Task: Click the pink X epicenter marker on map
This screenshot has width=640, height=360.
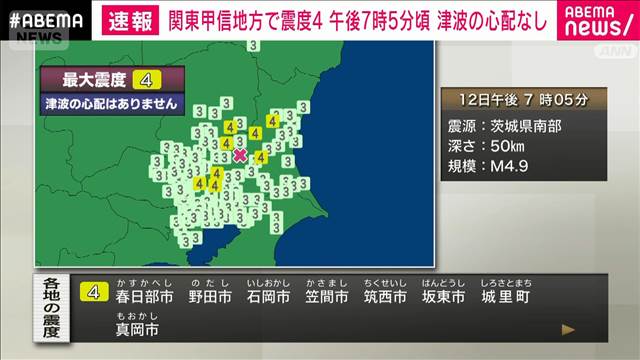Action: (x=240, y=155)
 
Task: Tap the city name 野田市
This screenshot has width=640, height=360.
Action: (x=212, y=297)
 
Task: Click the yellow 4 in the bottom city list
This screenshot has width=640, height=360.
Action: (x=95, y=293)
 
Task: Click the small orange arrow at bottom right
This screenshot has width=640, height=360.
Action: (x=568, y=328)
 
